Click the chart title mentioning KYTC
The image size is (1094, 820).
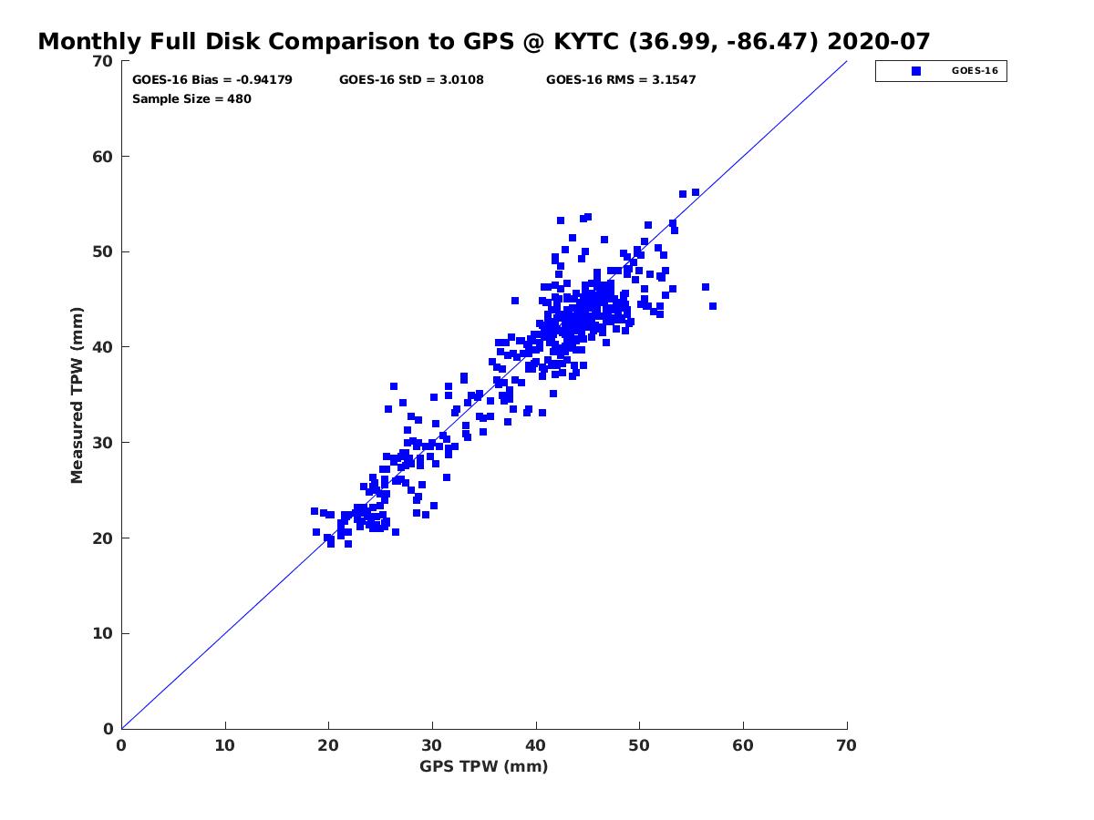point(483,41)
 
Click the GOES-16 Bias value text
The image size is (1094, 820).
point(212,80)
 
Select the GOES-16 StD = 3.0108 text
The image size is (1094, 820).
point(411,80)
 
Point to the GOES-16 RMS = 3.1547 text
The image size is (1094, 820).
point(621,80)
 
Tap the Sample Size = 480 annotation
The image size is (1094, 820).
point(191,99)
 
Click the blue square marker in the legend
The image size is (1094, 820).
point(915,71)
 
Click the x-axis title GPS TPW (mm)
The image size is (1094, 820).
point(483,767)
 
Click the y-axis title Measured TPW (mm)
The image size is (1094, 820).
point(77,395)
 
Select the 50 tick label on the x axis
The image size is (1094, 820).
point(639,746)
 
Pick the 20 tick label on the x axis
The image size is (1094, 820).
point(328,746)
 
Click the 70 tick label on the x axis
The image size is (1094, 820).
point(847,746)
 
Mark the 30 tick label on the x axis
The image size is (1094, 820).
point(432,746)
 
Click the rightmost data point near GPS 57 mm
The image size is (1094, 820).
point(713,306)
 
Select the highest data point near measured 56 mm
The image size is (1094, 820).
point(696,192)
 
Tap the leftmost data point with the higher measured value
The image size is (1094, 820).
point(315,511)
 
